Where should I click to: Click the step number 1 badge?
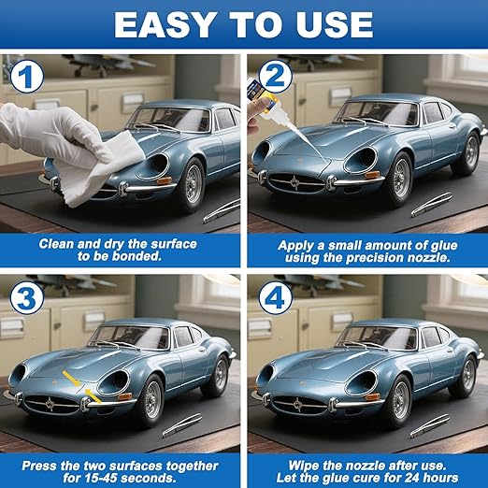point(27,78)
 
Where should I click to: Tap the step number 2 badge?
point(276,78)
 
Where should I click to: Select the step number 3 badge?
point(27,298)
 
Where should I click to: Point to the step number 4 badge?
point(276,298)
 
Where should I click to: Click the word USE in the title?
point(335,25)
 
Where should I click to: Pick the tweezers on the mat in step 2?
point(432,205)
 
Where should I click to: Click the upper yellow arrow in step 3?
point(72,379)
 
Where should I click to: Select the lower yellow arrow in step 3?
point(93,395)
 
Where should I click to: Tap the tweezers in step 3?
point(182,425)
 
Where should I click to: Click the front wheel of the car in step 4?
point(400,401)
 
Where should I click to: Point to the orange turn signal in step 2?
point(372,174)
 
